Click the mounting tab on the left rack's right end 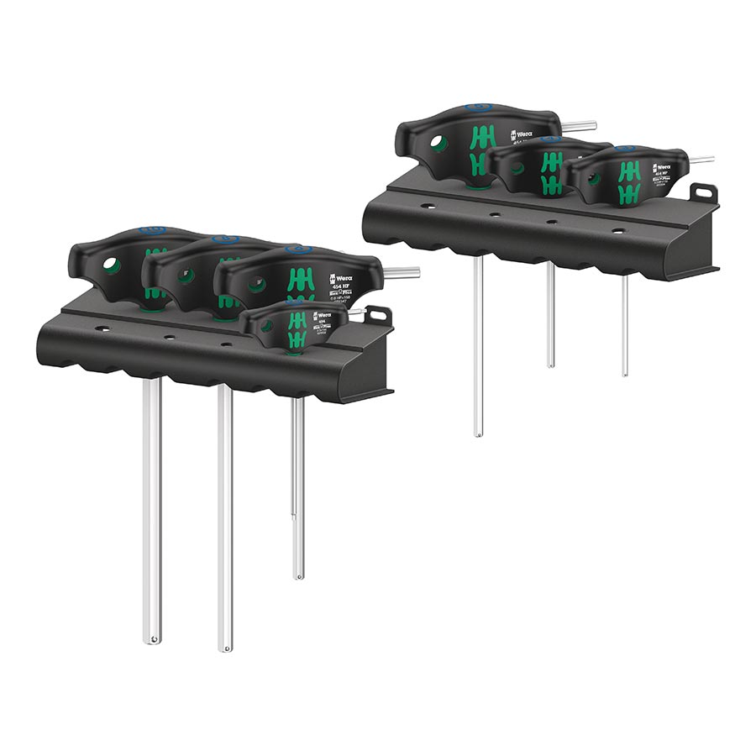click(x=377, y=316)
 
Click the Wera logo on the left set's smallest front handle click(x=321, y=317)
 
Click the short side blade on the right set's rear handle click(x=579, y=127)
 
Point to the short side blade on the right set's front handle click(x=701, y=160)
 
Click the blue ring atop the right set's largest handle click(x=478, y=108)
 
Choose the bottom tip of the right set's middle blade click(x=550, y=364)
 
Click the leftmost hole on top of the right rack click(x=428, y=205)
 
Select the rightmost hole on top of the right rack click(x=618, y=229)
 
